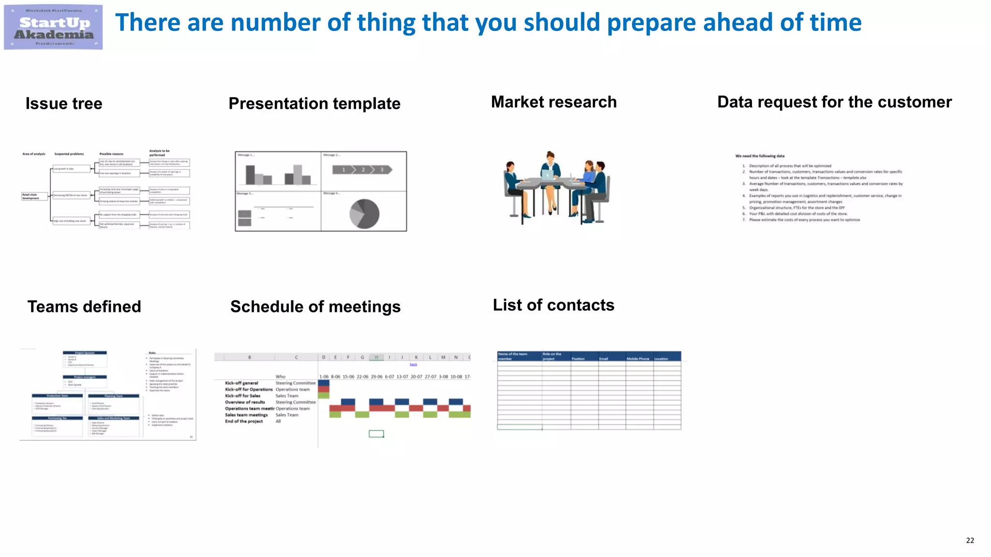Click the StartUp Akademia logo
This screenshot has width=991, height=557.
pos(53,27)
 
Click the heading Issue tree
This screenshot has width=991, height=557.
pos(64,103)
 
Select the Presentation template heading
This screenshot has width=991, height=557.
pos(314,103)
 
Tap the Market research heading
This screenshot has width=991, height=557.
pos(554,102)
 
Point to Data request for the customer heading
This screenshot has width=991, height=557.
pos(834,102)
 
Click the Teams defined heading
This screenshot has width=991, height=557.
pos(84,307)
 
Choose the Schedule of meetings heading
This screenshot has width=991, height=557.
pos(315,307)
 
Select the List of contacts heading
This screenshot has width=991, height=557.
pos(553,305)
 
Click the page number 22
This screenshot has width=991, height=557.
pos(970,541)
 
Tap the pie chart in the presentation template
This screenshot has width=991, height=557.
pos(364,214)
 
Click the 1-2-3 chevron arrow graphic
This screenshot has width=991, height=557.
pos(362,170)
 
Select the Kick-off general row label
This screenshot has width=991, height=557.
pos(241,383)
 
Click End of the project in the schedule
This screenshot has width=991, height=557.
pos(244,421)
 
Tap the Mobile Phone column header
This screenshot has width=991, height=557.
pos(638,359)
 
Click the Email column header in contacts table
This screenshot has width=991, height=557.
pos(603,359)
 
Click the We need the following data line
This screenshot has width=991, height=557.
pos(760,156)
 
